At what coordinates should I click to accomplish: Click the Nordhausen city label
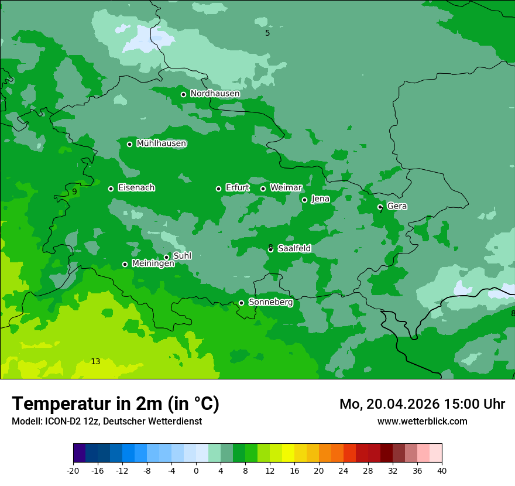pos(215,94)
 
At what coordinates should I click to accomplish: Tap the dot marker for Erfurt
pos(218,189)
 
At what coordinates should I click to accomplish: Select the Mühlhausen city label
pos(161,143)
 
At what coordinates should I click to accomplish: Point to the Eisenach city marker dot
pos(111,189)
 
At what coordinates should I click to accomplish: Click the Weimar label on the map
pos(286,188)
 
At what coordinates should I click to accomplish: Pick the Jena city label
pos(320,199)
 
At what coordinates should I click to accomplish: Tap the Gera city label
pos(397,206)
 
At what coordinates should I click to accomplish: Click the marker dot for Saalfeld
pos(270,249)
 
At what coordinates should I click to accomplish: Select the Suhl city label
pos(182,256)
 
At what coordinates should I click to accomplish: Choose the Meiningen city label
pos(153,263)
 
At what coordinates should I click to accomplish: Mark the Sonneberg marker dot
pos(241,303)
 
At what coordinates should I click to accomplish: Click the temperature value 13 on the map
pos(95,361)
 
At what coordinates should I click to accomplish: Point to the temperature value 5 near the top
pos(267,33)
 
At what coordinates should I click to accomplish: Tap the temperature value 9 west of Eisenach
pos(74,191)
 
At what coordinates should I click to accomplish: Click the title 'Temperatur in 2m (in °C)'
pos(115,403)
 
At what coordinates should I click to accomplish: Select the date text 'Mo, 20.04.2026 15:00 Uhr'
pos(422,404)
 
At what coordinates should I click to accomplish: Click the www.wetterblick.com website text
pos(422,421)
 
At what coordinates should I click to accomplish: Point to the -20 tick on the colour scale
pos(73,470)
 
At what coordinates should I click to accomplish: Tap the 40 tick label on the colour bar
pos(441,470)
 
